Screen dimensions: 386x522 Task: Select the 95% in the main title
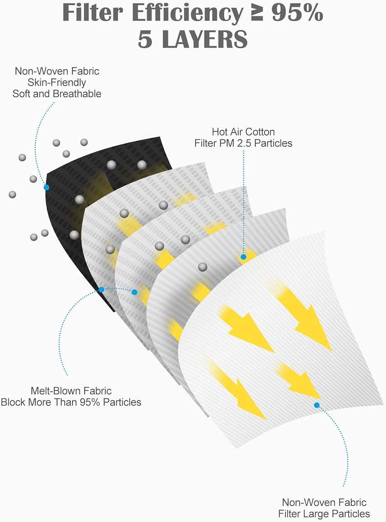[297, 13]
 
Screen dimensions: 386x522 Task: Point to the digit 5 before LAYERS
[145, 39]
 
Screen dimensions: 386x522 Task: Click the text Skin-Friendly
[57, 82]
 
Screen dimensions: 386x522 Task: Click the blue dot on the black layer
[47, 188]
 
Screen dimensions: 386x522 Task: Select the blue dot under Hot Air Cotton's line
[243, 257]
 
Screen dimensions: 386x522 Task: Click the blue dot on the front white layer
[317, 405]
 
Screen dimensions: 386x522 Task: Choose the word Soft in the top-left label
[22, 94]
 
